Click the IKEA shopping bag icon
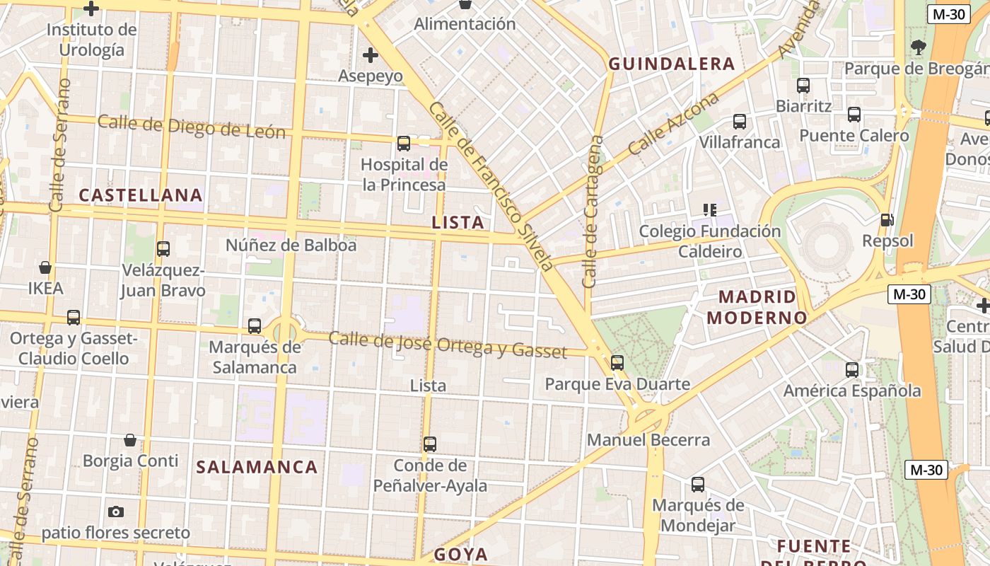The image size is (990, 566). click(45, 267)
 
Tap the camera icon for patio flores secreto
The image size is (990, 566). click(116, 512)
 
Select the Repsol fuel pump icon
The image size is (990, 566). click(887, 220)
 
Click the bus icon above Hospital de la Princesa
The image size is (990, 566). click(403, 144)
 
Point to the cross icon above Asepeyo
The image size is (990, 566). click(370, 54)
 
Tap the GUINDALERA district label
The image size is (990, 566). click(672, 64)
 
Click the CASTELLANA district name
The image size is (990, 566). click(141, 195)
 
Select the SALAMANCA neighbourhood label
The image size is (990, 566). click(257, 467)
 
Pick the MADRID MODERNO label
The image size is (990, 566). click(757, 307)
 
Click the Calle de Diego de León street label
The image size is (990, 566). click(191, 126)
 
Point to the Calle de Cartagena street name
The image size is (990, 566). click(592, 212)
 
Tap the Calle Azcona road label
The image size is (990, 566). click(672, 124)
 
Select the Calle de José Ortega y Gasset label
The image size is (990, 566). click(448, 345)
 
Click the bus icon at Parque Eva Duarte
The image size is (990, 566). click(617, 363)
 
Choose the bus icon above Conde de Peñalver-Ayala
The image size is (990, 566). click(430, 444)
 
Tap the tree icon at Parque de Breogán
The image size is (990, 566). click(919, 48)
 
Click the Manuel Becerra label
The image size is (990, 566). click(648, 439)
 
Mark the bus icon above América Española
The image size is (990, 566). click(852, 369)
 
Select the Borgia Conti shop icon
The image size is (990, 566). click(130, 440)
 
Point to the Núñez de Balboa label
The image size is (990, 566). click(291, 246)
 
